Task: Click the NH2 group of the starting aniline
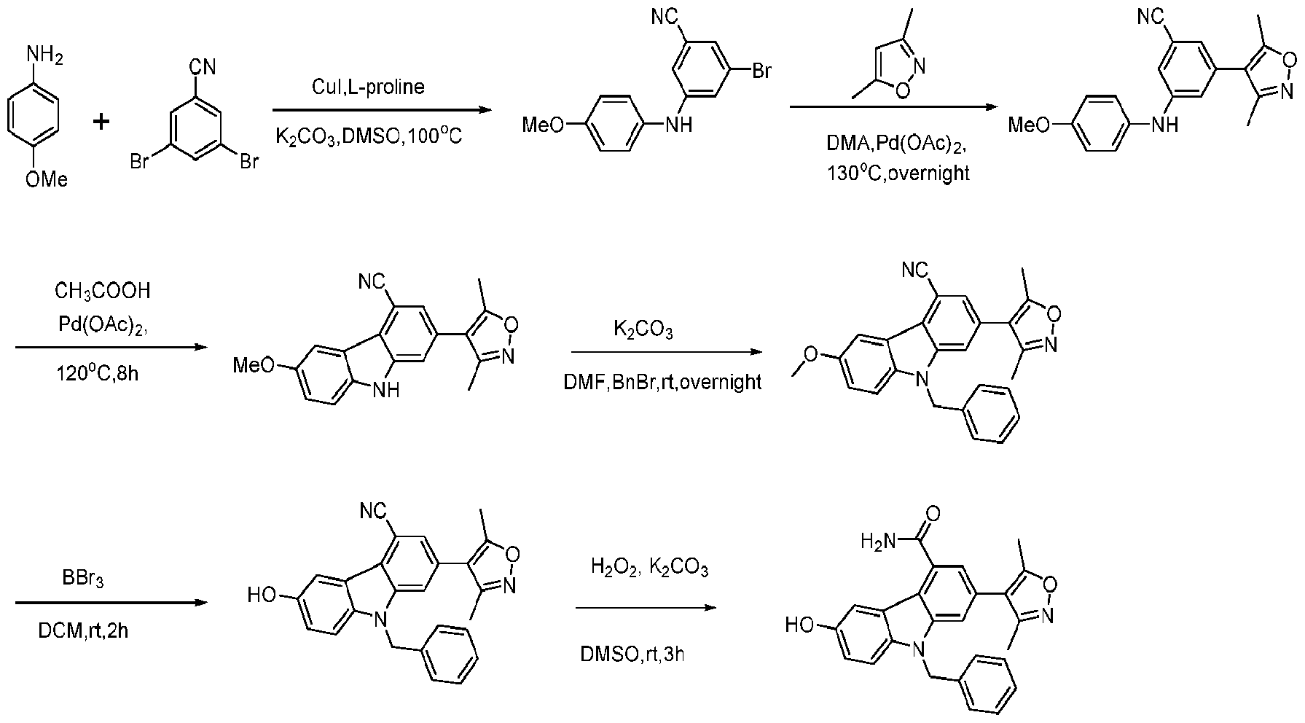44,54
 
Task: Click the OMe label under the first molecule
46,178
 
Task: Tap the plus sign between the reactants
101,121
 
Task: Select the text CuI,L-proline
367,87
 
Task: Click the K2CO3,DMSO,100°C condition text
369,136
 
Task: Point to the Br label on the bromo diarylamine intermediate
761,71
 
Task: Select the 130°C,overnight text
898,174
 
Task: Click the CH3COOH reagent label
103,292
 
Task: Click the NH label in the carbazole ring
386,391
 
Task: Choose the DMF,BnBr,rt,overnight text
662,382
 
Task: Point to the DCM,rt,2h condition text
83,630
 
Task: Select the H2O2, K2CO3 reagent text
648,568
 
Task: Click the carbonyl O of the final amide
932,512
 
